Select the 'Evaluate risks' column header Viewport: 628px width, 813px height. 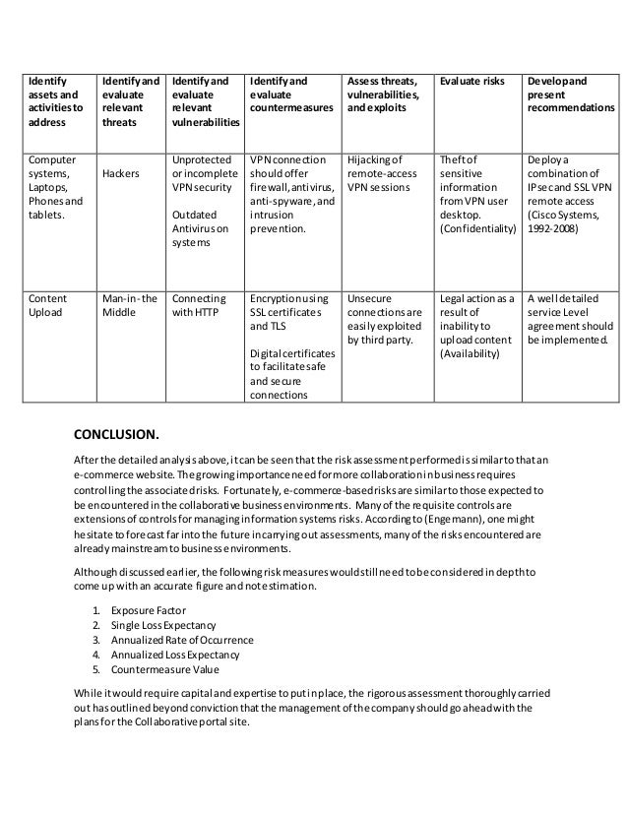(470, 80)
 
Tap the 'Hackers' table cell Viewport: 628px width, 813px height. (119, 172)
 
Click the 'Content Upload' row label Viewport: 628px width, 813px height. (47, 305)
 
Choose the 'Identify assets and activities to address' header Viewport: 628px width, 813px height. (56, 101)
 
